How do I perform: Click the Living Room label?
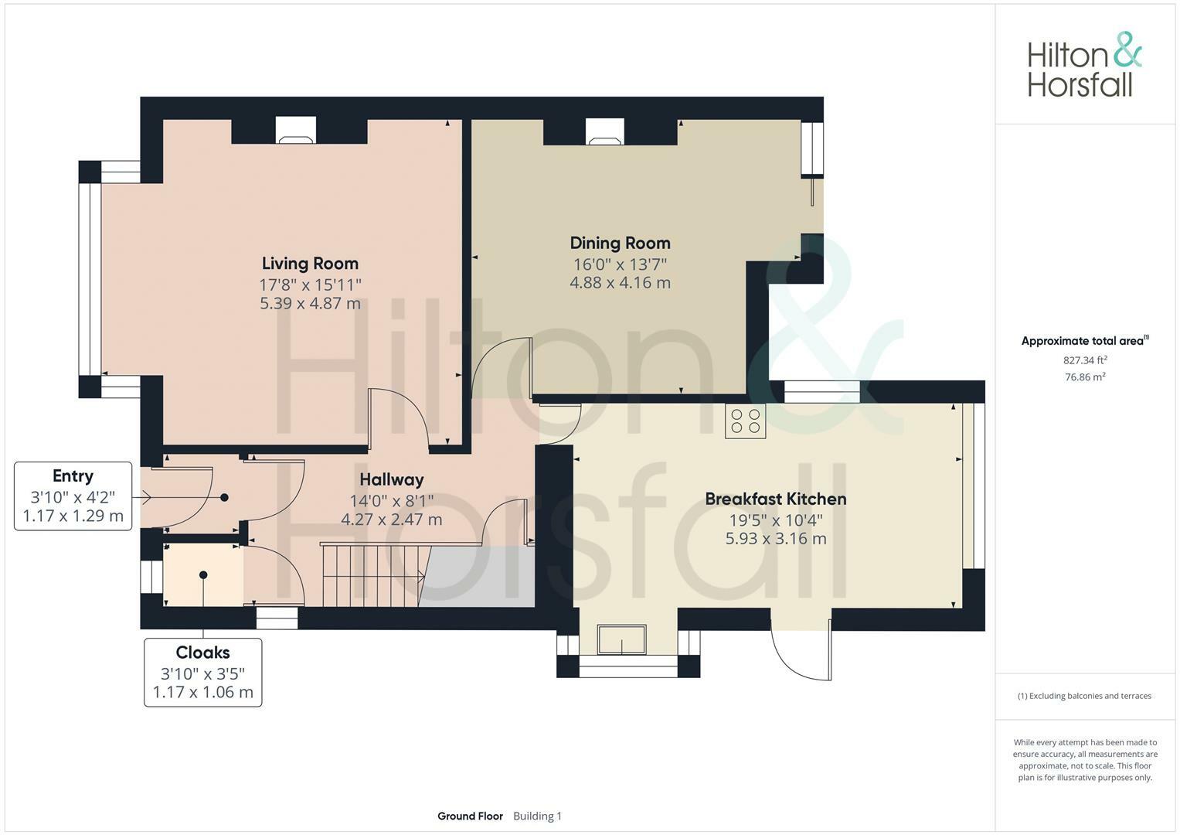point(310,263)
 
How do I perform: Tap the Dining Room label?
point(620,243)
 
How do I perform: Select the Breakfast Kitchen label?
point(775,499)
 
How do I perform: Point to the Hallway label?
point(392,479)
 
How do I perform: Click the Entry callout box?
point(73,496)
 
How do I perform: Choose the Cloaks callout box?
point(202,672)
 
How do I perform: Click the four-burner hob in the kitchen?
point(746,421)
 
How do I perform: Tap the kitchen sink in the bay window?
point(621,639)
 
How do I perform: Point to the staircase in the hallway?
point(373,575)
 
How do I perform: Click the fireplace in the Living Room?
point(295,130)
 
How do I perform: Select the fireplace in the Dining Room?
point(605,131)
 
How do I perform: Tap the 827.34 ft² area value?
point(1085,360)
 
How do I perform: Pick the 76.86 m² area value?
point(1085,377)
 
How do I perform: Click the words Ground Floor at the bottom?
point(470,816)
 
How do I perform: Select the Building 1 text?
point(537,816)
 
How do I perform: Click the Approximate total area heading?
point(1085,340)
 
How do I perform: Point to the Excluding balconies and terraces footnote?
point(1085,696)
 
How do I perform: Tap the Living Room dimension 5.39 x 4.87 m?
point(310,304)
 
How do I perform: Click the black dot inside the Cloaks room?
point(203,574)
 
